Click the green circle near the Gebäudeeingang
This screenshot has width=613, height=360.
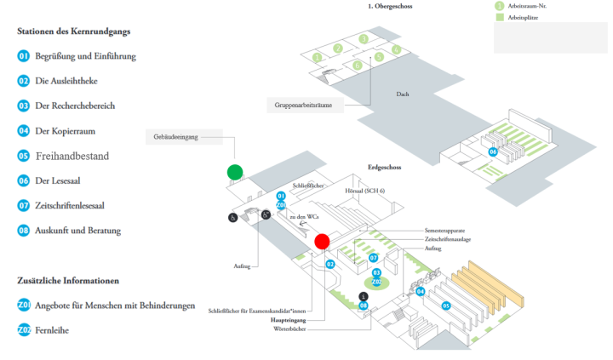pos(235,172)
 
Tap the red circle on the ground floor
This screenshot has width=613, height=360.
pos(322,242)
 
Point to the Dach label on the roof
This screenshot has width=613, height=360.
pos(404,94)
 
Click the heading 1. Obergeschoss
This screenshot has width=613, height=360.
pos(390,6)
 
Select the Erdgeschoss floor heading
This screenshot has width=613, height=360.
pos(384,168)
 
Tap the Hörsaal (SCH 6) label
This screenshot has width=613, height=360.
pos(364,192)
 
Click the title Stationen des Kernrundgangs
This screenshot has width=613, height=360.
pos(74,31)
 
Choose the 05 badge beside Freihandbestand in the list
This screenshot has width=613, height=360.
pos(24,156)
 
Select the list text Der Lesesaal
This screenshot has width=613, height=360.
pos(60,180)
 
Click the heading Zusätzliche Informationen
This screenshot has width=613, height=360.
pos(68,280)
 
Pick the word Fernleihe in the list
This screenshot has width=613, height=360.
pos(52,329)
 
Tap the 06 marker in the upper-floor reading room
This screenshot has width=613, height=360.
pos(492,151)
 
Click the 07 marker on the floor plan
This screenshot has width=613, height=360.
pos(373,257)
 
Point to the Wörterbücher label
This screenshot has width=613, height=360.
pos(289,328)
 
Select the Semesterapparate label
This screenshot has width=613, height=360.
pos(444,231)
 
